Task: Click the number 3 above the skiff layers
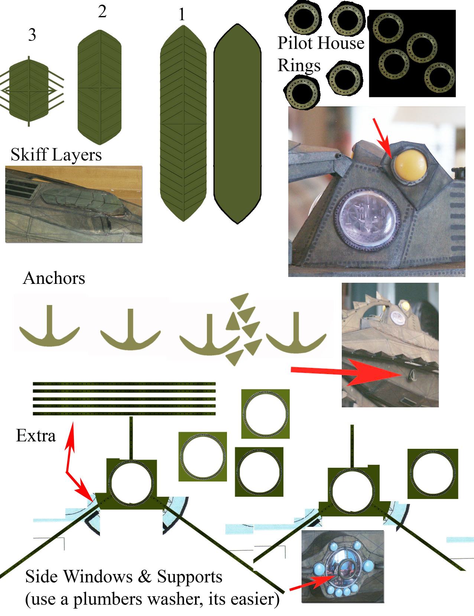click(x=32, y=35)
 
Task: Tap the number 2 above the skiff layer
click(x=102, y=12)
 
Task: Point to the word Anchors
click(x=54, y=278)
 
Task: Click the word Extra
click(x=36, y=436)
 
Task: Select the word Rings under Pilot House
click(x=299, y=66)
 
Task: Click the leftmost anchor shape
click(x=49, y=327)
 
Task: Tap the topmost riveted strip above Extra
click(x=124, y=383)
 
